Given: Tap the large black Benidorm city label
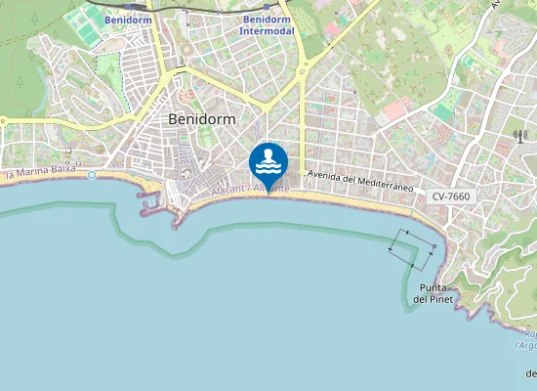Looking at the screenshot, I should (202, 118).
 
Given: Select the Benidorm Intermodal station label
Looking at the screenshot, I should (268, 24).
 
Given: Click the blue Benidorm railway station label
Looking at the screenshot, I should (128, 20).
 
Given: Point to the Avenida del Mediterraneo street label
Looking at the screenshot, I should (360, 181).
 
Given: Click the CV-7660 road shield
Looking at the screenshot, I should (451, 196).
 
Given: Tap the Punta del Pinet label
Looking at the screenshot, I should (433, 293).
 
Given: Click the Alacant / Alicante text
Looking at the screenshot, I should (251, 189).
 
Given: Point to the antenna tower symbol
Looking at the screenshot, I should (520, 136).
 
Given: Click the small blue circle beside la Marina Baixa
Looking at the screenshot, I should (92, 175).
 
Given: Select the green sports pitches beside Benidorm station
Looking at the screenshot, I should (90, 29).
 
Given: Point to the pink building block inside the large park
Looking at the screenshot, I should (398, 110).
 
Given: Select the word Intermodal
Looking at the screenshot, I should (268, 30).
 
